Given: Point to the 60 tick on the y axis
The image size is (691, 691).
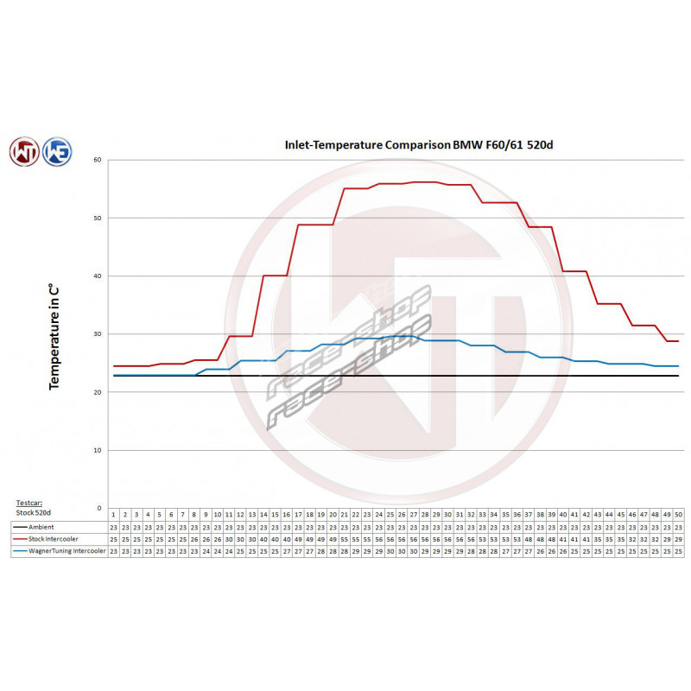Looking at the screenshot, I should [x=98, y=160].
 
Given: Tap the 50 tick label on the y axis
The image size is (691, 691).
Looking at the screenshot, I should [x=98, y=218].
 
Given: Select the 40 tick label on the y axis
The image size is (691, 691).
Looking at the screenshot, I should [x=98, y=276].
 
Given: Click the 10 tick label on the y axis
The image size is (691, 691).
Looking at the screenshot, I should [x=98, y=450].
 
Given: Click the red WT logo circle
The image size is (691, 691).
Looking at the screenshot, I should [x=24, y=151].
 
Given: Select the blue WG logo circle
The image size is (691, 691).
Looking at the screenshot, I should [x=56, y=151].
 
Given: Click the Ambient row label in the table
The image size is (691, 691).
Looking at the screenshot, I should [x=41, y=526].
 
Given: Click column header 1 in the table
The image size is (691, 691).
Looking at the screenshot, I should [x=113, y=514].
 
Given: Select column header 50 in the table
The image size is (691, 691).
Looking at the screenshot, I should [x=677, y=514].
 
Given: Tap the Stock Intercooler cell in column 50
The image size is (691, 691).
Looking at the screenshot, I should [x=677, y=538].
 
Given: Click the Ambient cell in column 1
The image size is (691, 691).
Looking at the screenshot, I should [x=113, y=526].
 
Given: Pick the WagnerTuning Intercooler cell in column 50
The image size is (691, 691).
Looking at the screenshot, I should [x=677, y=550].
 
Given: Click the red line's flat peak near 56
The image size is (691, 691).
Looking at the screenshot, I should [x=424, y=182].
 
